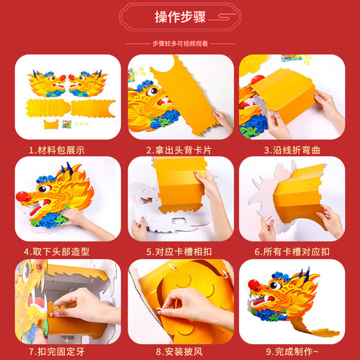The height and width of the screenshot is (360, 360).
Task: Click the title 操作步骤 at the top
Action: [x=180, y=17]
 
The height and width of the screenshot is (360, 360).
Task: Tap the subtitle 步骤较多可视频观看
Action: [x=180, y=44]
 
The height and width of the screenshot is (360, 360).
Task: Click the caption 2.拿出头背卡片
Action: [x=180, y=150]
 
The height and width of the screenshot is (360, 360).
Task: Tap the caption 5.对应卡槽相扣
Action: [x=180, y=253]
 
